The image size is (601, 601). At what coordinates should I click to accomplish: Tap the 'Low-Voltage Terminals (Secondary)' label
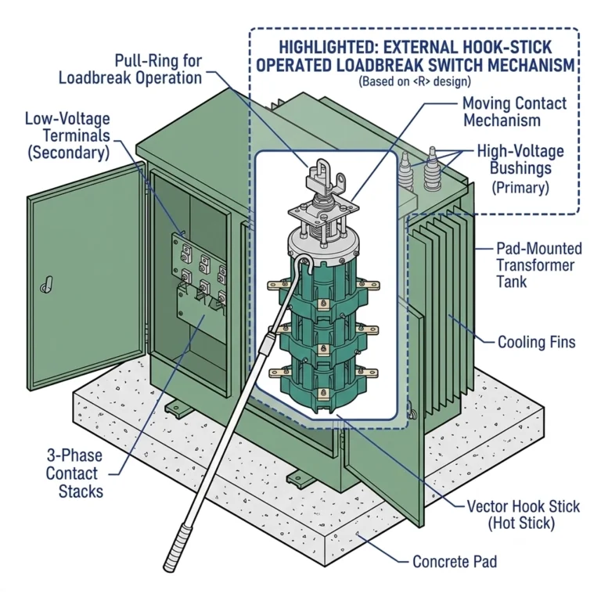(67, 135)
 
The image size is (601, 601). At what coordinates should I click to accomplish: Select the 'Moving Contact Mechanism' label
(513, 111)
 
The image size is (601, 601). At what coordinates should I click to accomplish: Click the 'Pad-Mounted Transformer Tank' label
(539, 265)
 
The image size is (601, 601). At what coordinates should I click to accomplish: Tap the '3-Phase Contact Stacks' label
(72, 473)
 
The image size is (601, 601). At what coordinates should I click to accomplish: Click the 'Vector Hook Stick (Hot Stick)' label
(523, 515)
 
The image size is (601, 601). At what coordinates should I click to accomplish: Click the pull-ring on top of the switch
(322, 175)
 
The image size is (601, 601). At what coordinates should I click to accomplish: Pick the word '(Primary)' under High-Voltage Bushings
(520, 187)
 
